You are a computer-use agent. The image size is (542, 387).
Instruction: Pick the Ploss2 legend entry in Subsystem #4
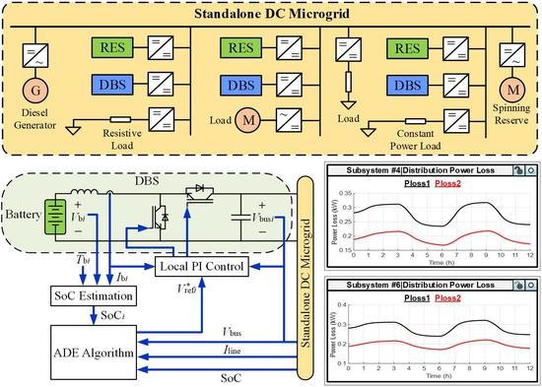click(448, 183)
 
